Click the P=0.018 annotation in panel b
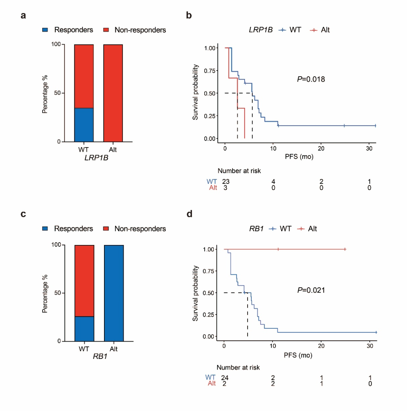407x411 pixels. [311, 79]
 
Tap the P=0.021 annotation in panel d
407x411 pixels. [311, 291]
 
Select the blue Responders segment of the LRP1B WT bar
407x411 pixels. [84, 125]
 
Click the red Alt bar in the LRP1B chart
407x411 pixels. [113, 93]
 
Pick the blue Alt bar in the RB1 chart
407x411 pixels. [114, 293]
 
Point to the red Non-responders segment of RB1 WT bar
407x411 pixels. [84, 281]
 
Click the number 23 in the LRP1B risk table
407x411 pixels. [226, 182]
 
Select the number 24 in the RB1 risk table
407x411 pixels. [225, 377]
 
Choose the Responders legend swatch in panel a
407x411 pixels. [46, 30]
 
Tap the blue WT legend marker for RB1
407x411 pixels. [273, 228]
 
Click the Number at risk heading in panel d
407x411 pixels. [238, 367]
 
